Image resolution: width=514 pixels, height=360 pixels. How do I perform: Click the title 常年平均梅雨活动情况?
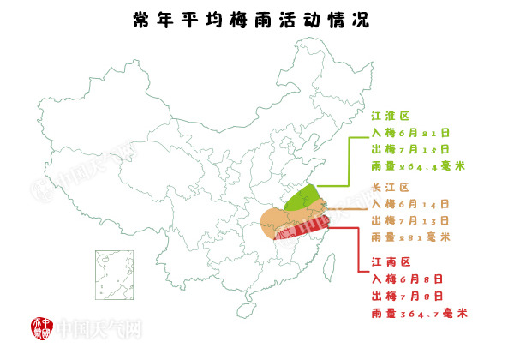pos(251,20)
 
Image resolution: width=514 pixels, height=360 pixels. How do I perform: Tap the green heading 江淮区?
pos(391,114)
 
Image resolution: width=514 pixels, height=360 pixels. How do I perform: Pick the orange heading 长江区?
pos(391,186)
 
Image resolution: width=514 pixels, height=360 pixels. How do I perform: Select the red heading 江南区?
pos(391,261)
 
